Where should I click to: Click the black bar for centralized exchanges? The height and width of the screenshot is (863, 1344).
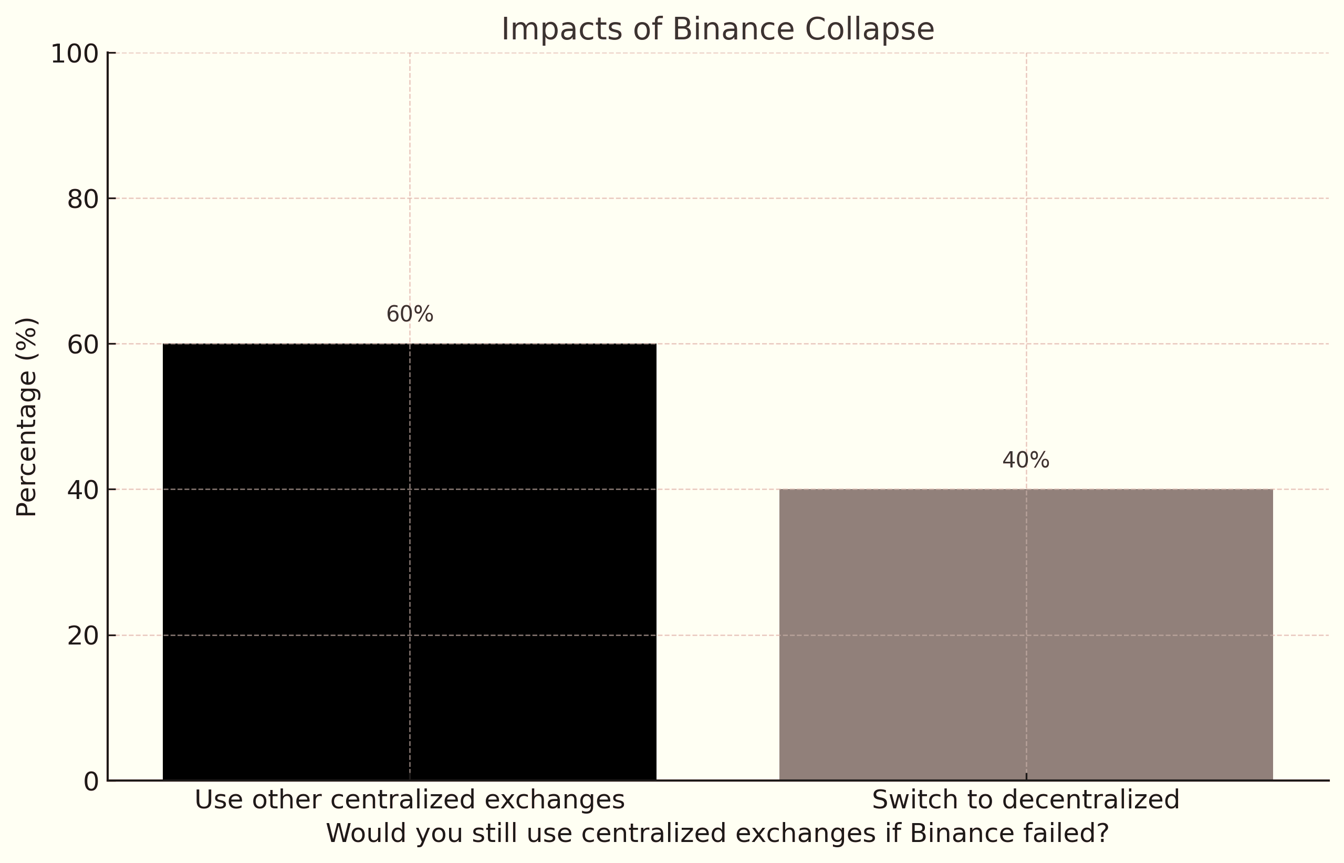[x=409, y=560]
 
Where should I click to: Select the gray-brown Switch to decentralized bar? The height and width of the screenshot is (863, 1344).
[x=1025, y=633]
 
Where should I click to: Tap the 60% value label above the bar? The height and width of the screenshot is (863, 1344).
[x=410, y=315]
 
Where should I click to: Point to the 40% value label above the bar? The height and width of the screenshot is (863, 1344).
[x=1025, y=461]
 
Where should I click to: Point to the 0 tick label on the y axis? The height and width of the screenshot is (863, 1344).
[x=91, y=782]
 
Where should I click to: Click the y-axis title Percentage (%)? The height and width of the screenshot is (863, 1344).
[x=26, y=417]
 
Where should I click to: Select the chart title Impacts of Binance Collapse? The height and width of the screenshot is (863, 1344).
[x=717, y=29]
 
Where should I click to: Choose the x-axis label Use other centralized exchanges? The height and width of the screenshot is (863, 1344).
[x=409, y=799]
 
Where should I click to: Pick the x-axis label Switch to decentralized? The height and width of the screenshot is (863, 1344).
[x=1025, y=799]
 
